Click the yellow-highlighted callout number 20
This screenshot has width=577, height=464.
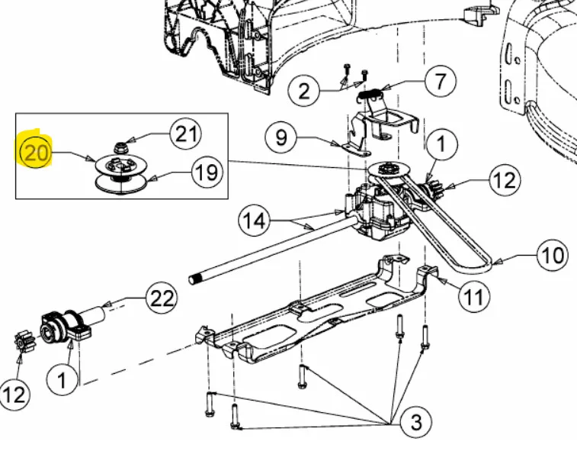pos(35,152)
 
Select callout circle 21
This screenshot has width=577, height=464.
pos(186,134)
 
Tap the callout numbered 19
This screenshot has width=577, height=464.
pos(207,172)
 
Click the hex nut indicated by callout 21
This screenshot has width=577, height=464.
pos(120,147)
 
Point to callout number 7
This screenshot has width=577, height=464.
pos(441,80)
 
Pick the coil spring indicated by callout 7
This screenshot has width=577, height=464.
pos(370,94)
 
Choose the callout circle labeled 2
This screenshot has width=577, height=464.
pos(304,91)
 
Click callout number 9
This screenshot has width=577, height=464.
pos(281,138)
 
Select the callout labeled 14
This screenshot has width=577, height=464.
pos(255,221)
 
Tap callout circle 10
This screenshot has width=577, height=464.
pos(553,255)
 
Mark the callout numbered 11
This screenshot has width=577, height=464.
pos(474,296)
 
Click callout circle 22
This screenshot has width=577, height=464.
pos(162,298)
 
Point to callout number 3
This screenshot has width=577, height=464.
pos(415,422)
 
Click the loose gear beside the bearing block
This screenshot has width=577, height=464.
pos(24,342)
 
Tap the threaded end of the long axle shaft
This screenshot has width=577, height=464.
pos(194,279)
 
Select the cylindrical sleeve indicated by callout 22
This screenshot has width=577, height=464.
pos(95,314)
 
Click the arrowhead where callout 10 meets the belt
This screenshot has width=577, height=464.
pos(496,262)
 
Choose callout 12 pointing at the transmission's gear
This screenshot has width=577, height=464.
pos(505,179)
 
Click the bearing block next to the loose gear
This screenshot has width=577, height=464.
pos(64,327)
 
